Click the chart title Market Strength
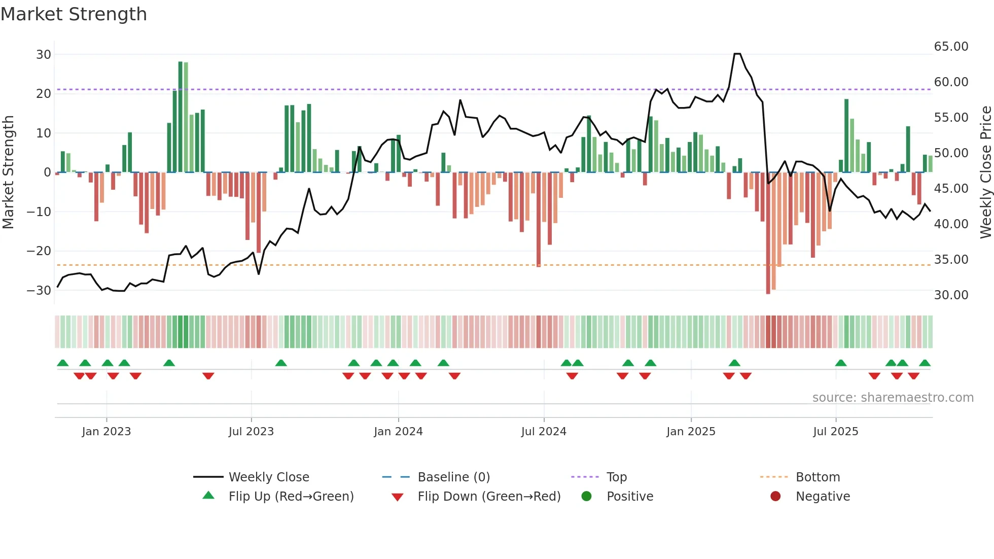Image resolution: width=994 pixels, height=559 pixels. click(x=74, y=14)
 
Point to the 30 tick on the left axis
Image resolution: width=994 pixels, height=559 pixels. click(x=44, y=54)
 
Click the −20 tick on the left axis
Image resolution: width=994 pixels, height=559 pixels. click(x=39, y=251)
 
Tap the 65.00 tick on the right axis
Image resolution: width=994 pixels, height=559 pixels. click(x=951, y=47)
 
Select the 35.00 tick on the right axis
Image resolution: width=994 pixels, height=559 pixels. click(x=951, y=260)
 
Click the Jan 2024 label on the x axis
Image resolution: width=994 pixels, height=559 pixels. click(x=398, y=432)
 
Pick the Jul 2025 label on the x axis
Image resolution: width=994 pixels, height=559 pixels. click(x=835, y=432)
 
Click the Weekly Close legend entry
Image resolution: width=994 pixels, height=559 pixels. click(x=268, y=477)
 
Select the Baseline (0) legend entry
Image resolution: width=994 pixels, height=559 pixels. click(x=453, y=477)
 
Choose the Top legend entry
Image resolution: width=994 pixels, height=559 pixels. click(x=616, y=477)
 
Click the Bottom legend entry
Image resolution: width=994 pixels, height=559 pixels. click(x=818, y=477)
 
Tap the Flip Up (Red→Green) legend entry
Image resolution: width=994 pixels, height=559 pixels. click(x=291, y=497)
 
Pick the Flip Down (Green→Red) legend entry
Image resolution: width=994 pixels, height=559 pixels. click(x=489, y=497)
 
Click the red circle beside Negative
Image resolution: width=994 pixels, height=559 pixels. click(x=775, y=496)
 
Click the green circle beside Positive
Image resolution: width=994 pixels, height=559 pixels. click(x=587, y=496)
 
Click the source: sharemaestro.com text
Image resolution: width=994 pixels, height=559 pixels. click(x=893, y=398)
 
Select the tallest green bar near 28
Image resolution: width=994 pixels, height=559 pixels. click(x=181, y=117)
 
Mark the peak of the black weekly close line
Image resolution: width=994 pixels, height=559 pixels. click(x=737, y=54)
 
